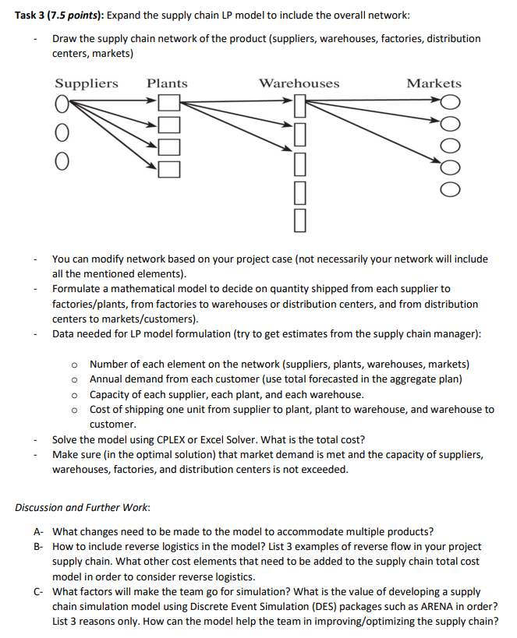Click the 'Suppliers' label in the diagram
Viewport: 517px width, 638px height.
[87, 83]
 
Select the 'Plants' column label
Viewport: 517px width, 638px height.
[167, 83]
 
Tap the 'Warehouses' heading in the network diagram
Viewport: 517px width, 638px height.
[299, 83]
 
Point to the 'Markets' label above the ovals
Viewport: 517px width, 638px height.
[434, 83]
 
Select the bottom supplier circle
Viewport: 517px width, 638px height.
[60, 161]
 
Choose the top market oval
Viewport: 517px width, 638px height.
[450, 101]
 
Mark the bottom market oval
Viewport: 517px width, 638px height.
[450, 189]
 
